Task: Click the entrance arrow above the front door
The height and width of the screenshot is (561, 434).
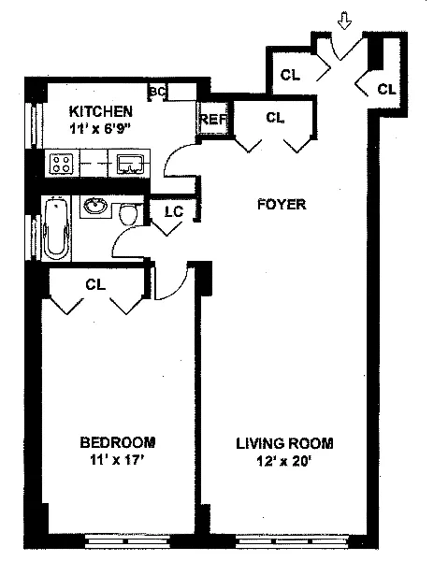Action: [344, 21]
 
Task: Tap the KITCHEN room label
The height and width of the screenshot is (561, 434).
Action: [100, 111]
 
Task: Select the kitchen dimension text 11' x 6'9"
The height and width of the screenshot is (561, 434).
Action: [100, 129]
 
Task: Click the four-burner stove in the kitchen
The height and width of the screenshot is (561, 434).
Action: [61, 163]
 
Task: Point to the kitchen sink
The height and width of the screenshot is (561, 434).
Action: [130, 164]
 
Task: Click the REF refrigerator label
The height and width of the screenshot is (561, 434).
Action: [213, 119]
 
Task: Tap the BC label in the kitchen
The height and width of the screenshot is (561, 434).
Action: [158, 92]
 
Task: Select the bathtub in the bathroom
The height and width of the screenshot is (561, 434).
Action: [56, 228]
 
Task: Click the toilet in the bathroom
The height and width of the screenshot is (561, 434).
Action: [128, 214]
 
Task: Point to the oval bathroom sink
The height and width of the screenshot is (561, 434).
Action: [95, 206]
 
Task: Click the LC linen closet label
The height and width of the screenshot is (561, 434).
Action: [174, 211]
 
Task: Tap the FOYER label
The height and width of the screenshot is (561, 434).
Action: [282, 204]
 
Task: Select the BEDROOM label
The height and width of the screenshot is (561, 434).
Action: [117, 442]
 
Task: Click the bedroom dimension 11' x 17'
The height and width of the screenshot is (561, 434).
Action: [117, 460]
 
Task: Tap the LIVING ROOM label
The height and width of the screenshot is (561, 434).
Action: [284, 443]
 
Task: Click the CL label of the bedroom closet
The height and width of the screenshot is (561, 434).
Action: [95, 284]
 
